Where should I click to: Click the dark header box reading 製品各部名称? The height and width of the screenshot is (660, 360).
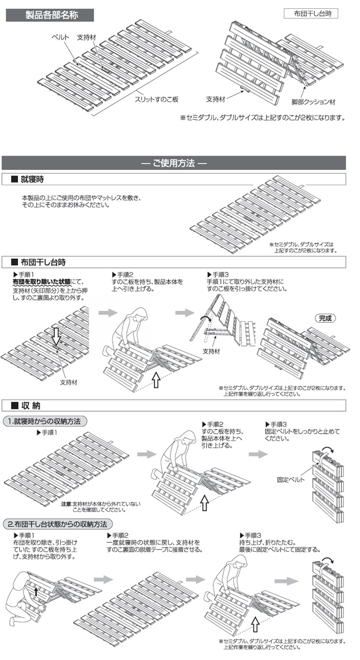[49, 15]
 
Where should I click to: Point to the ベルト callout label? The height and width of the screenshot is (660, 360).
[60, 37]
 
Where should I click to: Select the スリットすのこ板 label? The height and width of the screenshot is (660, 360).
[156, 99]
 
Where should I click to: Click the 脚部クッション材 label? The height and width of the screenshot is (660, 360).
[313, 102]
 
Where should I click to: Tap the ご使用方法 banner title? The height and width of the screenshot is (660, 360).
[174, 163]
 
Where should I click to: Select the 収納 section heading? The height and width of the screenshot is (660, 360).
[29, 405]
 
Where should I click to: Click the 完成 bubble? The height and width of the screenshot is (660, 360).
[325, 318]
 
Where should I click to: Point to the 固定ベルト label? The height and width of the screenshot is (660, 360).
[289, 479]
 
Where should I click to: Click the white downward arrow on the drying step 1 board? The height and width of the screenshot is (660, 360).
[56, 337]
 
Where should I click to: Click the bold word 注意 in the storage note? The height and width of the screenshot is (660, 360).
[66, 504]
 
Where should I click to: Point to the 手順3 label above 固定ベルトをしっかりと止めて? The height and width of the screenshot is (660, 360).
[276, 425]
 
